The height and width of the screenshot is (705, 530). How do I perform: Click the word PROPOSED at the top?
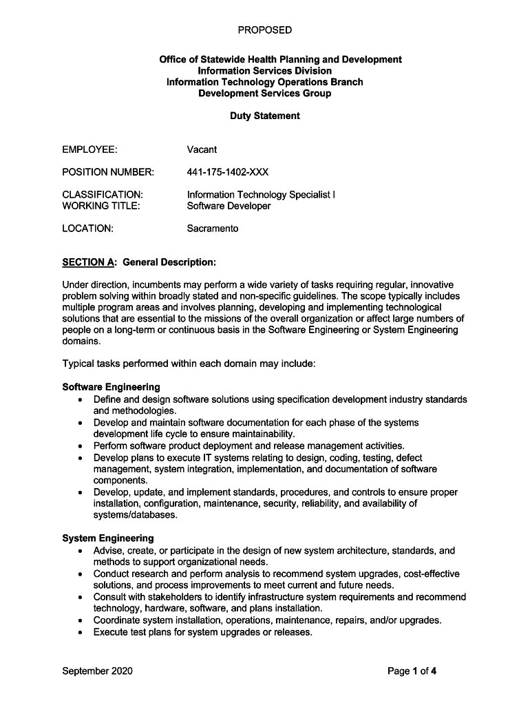click(x=264, y=30)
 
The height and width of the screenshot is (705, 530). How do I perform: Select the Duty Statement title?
click(x=264, y=116)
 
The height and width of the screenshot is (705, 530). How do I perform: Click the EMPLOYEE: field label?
click(x=89, y=149)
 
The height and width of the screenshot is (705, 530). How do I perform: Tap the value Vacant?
click(x=202, y=149)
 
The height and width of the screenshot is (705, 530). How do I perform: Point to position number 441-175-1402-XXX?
click(x=227, y=171)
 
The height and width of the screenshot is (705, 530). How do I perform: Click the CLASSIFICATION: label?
click(x=103, y=195)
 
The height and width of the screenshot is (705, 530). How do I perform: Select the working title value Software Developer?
click(x=229, y=206)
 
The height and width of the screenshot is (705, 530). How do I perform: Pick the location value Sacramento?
click(x=213, y=229)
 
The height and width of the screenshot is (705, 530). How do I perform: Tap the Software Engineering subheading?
click(x=111, y=387)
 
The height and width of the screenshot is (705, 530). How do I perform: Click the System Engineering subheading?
click(x=108, y=538)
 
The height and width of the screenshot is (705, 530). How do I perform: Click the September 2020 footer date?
click(x=97, y=671)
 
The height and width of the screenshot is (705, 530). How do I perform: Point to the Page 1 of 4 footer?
click(x=412, y=671)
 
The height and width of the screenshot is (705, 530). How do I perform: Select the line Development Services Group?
click(x=264, y=93)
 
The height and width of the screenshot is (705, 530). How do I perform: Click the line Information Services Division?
click(x=264, y=71)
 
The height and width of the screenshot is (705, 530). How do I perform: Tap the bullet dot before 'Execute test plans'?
click(x=81, y=632)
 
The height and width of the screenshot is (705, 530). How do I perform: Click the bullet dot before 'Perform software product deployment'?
click(x=81, y=446)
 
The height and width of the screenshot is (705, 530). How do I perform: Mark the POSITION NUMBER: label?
click(x=108, y=171)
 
